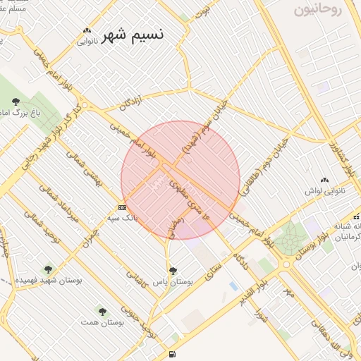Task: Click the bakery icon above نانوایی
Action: (87, 30)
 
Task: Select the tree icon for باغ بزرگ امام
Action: (16, 102)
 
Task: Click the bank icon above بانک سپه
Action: (123, 207)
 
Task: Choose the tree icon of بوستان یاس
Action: (173, 270)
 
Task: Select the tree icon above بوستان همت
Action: (103, 311)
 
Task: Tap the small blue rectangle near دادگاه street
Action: (233, 286)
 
